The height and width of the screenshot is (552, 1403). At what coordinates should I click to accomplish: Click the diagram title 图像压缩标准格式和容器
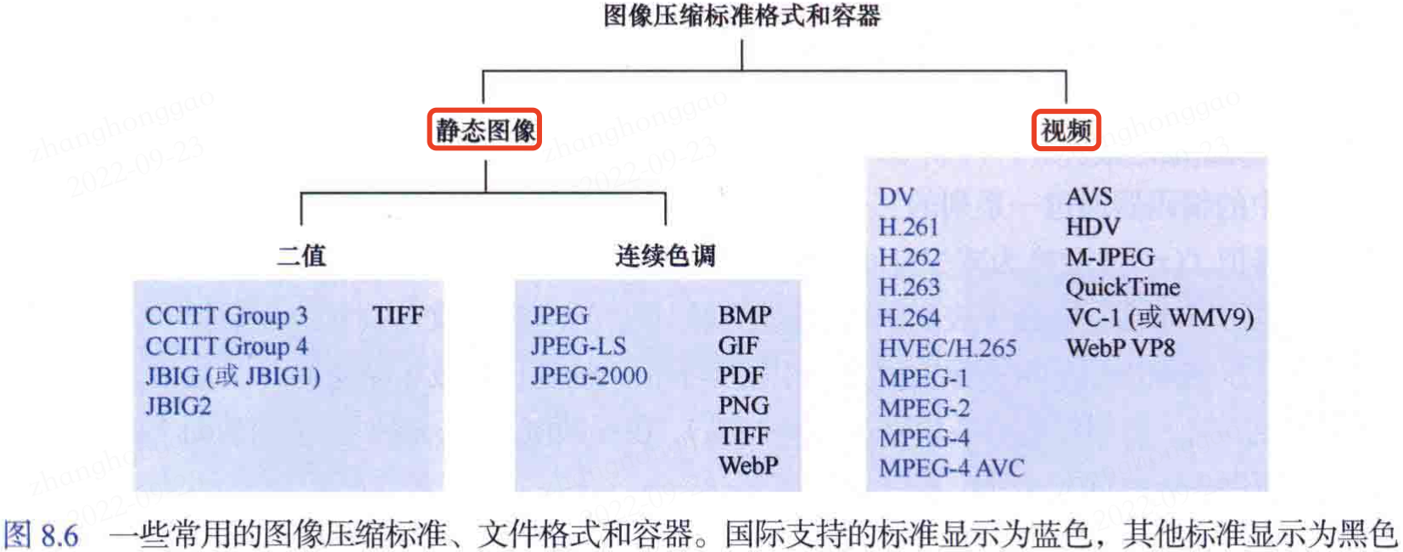point(741,16)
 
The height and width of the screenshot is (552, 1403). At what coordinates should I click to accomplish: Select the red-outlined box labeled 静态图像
point(485,130)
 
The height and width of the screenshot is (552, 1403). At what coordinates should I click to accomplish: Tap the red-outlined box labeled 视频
point(1066,130)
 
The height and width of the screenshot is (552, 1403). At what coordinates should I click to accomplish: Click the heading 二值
point(301,255)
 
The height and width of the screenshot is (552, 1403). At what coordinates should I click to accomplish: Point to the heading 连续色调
point(665,255)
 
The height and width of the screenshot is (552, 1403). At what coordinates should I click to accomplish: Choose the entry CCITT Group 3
point(226,316)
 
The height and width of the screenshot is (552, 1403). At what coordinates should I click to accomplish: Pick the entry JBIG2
point(178,406)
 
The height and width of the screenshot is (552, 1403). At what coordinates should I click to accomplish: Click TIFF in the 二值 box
point(398,316)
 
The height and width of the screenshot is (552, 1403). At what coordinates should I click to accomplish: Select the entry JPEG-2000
point(589,375)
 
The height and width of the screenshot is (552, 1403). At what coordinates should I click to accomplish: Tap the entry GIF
point(738,346)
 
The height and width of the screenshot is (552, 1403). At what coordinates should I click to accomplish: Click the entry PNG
point(743,406)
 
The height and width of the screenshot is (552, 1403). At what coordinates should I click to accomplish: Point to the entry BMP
point(745,316)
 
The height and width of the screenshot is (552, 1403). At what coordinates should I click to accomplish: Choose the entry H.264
point(909,318)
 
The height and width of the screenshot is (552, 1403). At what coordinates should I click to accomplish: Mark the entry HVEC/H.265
point(947,348)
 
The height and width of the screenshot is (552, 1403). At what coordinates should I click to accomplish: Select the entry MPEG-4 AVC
point(952,468)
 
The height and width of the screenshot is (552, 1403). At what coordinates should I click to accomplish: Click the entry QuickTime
point(1122,287)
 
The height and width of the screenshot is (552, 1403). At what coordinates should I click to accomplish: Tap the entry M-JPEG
point(1110,257)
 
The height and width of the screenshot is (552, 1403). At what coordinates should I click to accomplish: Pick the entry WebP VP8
point(1121,348)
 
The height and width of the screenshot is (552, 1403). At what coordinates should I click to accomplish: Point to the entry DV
point(896,197)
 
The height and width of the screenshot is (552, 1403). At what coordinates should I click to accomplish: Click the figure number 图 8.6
point(42,535)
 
